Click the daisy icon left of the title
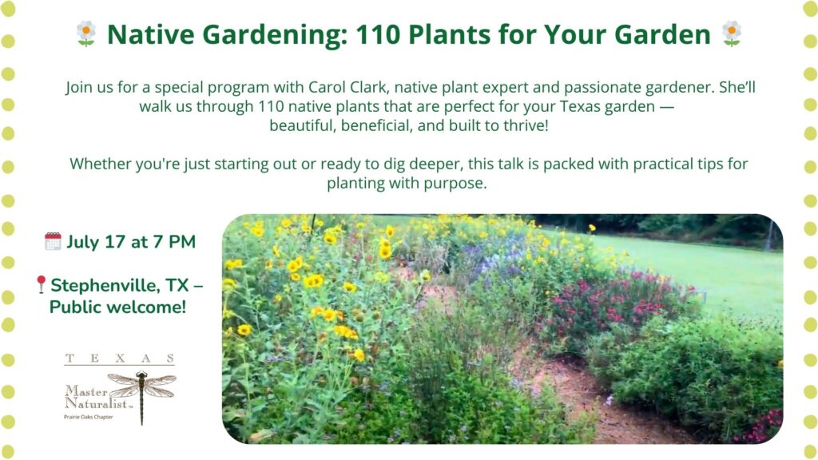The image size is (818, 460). point(86,34)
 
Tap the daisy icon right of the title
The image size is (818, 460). point(732,34)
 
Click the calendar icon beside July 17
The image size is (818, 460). point(53,241)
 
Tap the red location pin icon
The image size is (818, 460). point(41,285)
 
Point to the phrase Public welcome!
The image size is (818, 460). point(118,307)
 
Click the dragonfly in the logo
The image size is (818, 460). point(142,393)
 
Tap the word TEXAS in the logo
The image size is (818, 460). point(120,359)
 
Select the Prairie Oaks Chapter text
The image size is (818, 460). point(88,417)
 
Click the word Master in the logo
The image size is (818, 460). point(86,391)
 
